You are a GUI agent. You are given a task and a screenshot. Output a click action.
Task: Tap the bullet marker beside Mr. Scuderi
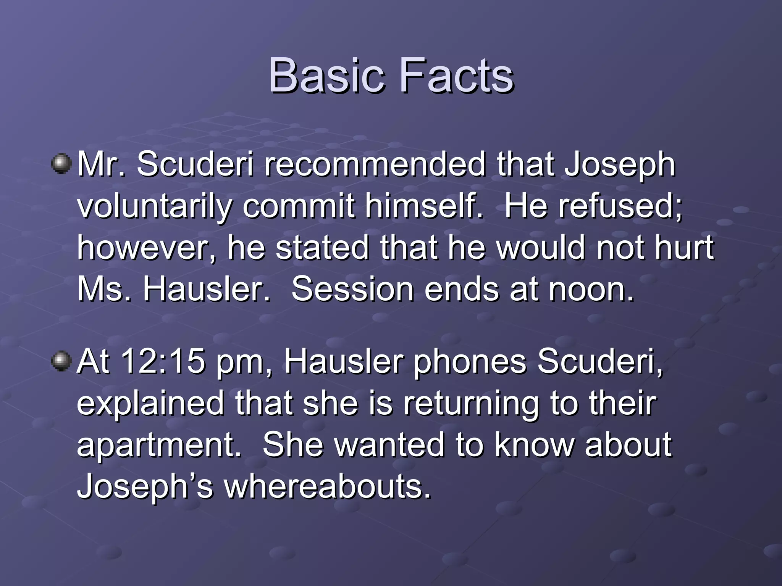click(x=61, y=164)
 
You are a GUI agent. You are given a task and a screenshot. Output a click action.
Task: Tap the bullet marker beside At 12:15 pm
click(x=61, y=361)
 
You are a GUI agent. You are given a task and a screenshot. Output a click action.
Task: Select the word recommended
click(x=375, y=164)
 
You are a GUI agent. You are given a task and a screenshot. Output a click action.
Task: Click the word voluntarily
click(x=155, y=206)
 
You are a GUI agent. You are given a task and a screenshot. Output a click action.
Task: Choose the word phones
click(x=470, y=361)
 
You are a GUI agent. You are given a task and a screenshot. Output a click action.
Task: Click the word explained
click(x=150, y=403)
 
